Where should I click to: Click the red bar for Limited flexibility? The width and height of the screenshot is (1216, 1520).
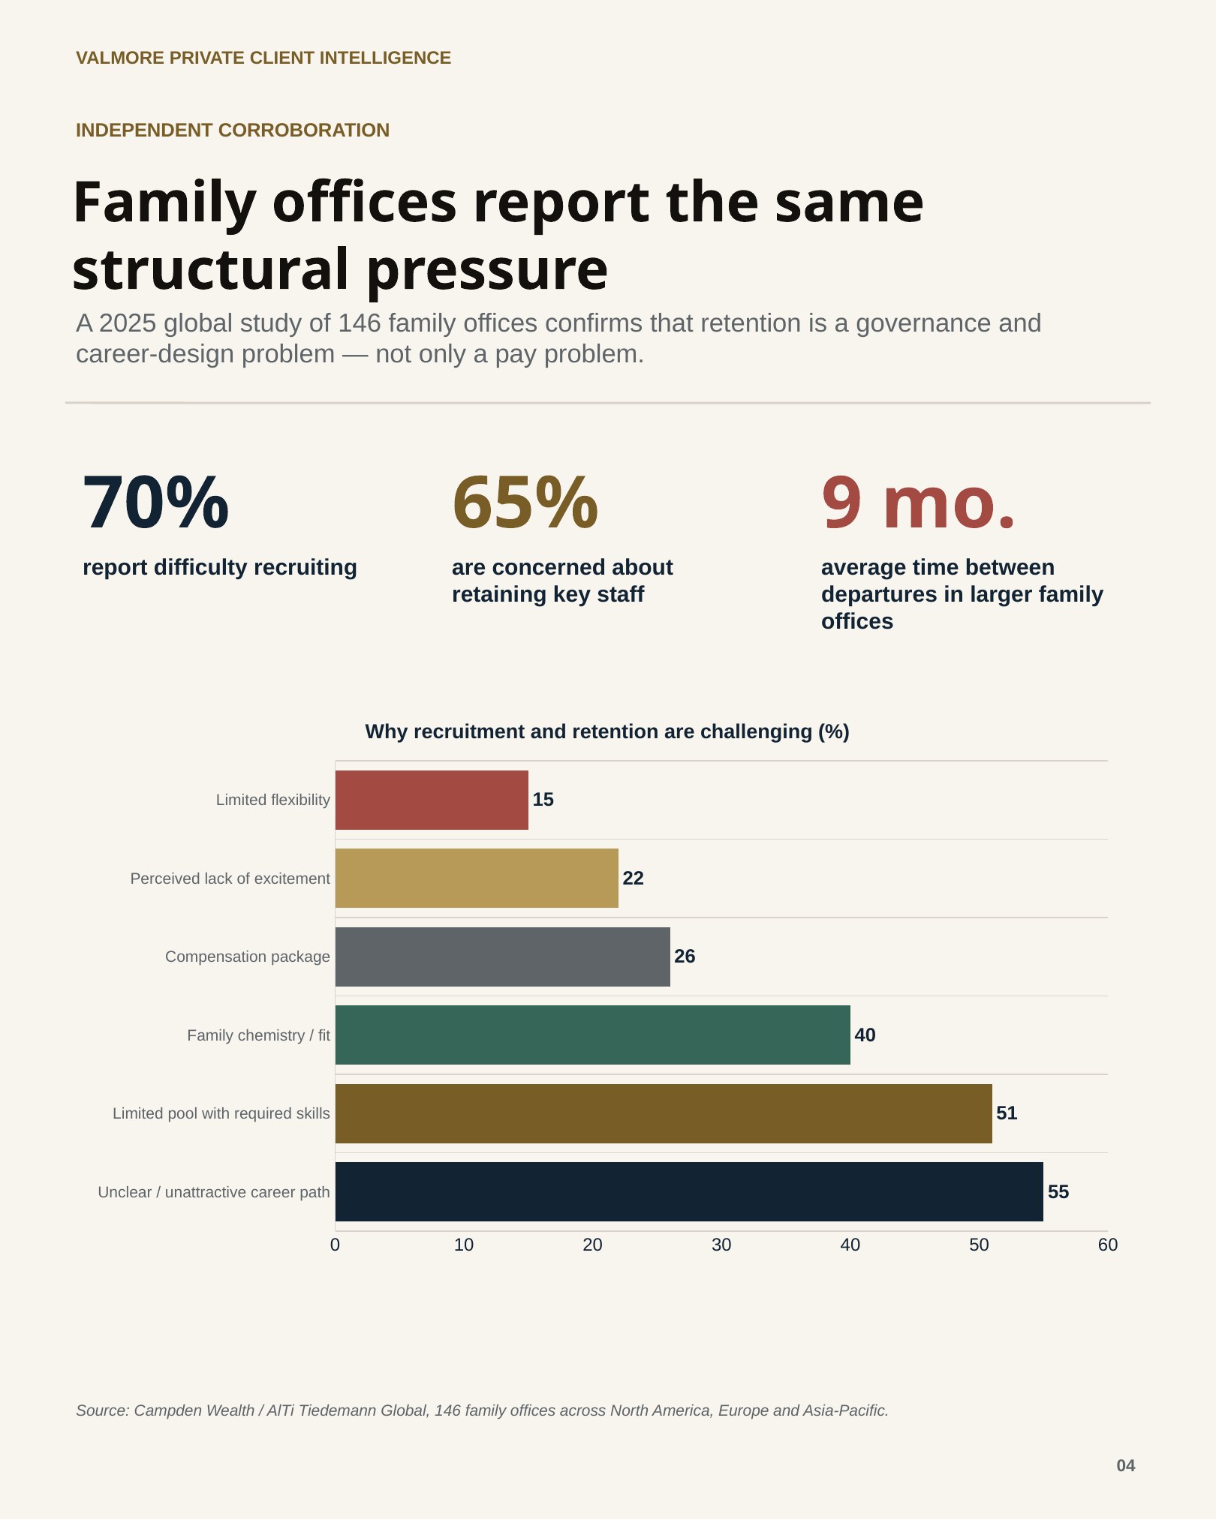pyautogui.click(x=432, y=800)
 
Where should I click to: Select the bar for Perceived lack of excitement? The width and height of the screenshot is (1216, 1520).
pyautogui.click(x=477, y=878)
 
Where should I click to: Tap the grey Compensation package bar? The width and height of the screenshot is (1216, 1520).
pyautogui.click(x=503, y=957)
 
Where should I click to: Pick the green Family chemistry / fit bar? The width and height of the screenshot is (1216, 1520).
pyautogui.click(x=593, y=1035)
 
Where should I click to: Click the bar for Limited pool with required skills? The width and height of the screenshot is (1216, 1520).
pyautogui.click(x=664, y=1113)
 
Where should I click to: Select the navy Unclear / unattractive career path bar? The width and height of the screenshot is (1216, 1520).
pyautogui.click(x=689, y=1191)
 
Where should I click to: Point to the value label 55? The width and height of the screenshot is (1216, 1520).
pyautogui.click(x=1058, y=1191)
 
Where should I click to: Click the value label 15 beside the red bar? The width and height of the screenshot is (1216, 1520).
pyautogui.click(x=543, y=800)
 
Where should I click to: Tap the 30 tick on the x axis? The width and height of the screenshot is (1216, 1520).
pyautogui.click(x=721, y=1245)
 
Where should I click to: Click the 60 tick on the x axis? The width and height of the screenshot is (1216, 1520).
pyautogui.click(x=1108, y=1245)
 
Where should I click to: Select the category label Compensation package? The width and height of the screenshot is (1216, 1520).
pyautogui.click(x=248, y=957)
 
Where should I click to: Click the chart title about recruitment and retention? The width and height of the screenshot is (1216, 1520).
pyautogui.click(x=607, y=731)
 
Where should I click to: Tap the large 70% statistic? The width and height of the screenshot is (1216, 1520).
pyautogui.click(x=155, y=503)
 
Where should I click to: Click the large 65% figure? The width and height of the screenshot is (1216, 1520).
pyautogui.click(x=525, y=503)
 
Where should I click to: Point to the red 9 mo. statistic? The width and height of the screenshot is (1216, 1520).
pyautogui.click(x=918, y=503)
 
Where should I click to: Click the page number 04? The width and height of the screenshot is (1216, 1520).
pyautogui.click(x=1126, y=1465)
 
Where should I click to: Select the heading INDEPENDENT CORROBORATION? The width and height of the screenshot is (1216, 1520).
pyautogui.click(x=233, y=130)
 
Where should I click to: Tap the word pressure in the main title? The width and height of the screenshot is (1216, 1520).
pyautogui.click(x=487, y=270)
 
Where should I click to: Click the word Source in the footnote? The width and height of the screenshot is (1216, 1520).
pyautogui.click(x=103, y=1410)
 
